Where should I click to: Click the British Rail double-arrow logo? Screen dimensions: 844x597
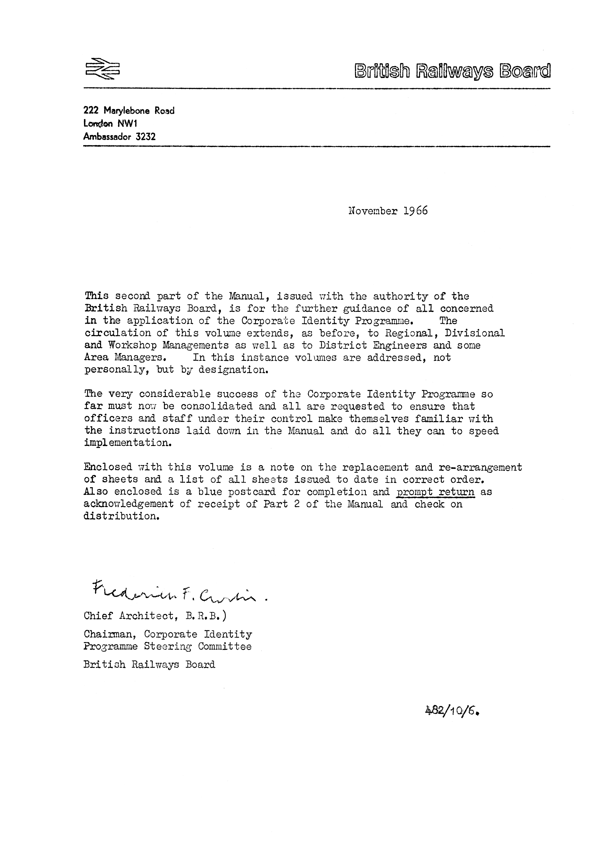click(103, 68)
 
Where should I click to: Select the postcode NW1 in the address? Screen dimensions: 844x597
click(127, 123)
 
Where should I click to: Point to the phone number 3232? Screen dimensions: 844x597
click(146, 137)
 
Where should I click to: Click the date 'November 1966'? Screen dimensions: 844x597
click(388, 211)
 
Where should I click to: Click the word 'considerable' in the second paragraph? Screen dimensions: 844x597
click(175, 394)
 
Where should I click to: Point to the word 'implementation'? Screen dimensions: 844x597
click(128, 443)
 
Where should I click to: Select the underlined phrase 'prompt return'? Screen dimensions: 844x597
click(436, 492)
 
